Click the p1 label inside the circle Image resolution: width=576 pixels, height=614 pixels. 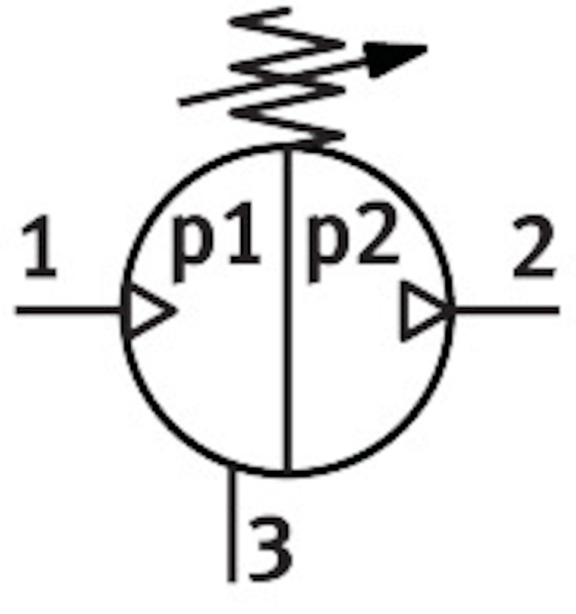[x=216, y=241]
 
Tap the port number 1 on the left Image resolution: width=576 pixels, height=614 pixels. [x=40, y=246]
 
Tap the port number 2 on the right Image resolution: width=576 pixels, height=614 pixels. [x=534, y=246]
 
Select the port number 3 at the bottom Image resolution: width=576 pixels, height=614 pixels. [x=271, y=548]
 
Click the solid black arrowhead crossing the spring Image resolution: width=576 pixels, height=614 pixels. [x=395, y=59]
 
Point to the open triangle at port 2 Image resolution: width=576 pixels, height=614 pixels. [x=426, y=311]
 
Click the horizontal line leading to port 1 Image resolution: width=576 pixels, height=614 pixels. [x=69, y=311]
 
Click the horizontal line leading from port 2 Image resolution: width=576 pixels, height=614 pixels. [x=507, y=311]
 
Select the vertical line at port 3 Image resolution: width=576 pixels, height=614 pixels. [x=232, y=523]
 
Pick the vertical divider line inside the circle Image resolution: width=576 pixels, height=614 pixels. [x=288, y=310]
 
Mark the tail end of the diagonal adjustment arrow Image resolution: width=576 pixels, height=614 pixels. [x=180, y=103]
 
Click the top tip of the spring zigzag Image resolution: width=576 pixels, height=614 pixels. [x=288, y=10]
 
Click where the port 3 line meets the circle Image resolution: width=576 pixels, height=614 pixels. [x=232, y=466]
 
